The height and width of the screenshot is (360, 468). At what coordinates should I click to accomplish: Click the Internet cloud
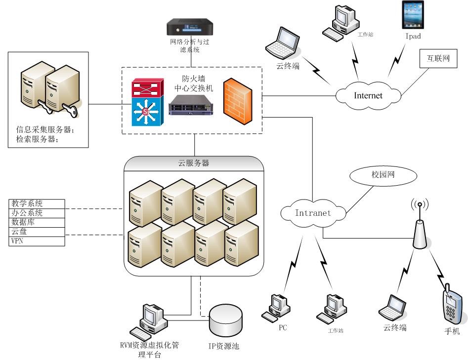click(x=368, y=95)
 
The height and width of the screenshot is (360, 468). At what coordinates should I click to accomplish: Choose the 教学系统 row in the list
click(x=37, y=203)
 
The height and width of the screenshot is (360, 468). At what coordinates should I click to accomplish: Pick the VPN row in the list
click(x=37, y=241)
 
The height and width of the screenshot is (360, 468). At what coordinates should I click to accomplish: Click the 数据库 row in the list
click(x=37, y=223)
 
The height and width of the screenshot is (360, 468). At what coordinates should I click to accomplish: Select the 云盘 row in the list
click(x=37, y=232)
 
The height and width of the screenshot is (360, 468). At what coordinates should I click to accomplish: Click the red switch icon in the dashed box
click(x=146, y=88)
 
